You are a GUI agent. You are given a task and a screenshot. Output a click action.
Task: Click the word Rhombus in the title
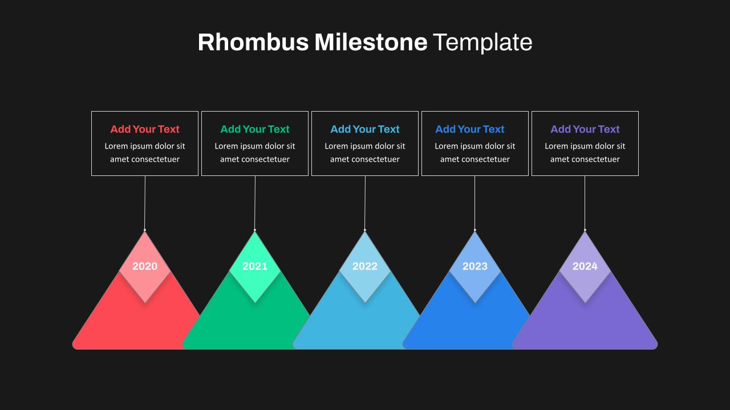(x=253, y=42)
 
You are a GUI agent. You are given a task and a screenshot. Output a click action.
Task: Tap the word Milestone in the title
(x=371, y=42)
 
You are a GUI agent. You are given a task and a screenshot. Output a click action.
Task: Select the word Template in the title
(x=482, y=42)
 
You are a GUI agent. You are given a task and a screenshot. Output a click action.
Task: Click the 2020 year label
(x=145, y=266)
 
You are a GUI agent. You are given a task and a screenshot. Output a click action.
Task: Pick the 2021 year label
(x=255, y=266)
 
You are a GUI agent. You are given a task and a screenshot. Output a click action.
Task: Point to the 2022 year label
(x=365, y=266)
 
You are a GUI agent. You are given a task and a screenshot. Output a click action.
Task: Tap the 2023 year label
(x=475, y=266)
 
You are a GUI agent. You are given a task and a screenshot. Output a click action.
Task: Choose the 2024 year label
(x=585, y=266)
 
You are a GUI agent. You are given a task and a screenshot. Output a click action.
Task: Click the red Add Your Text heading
(x=145, y=129)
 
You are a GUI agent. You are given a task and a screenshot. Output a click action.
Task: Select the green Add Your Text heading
(x=255, y=129)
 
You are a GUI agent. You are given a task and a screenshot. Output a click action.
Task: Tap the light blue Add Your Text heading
(x=365, y=129)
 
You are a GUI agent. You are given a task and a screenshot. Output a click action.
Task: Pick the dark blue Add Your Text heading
(x=470, y=129)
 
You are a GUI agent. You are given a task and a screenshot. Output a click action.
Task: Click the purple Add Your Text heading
(x=585, y=129)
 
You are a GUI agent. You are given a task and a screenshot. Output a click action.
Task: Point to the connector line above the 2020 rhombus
(x=145, y=203)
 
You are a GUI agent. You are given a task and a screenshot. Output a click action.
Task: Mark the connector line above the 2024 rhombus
(x=585, y=203)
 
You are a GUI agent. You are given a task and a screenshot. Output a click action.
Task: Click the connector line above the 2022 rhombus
(x=365, y=203)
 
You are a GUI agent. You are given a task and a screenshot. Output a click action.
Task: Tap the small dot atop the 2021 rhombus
(x=255, y=230)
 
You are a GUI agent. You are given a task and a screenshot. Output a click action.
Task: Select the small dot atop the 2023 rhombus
(x=475, y=230)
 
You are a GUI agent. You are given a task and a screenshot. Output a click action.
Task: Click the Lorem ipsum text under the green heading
(x=255, y=153)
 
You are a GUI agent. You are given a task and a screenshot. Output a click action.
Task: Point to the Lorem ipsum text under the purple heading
(x=585, y=153)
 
